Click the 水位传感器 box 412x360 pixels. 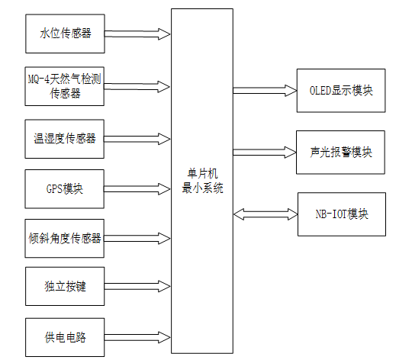pos(64,34)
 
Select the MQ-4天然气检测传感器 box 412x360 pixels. pos(64,86)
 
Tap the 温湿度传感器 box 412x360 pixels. pos(64,138)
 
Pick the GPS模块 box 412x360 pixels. pos(64,188)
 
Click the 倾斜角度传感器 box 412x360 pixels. pos(64,238)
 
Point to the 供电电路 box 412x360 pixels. pos(64,336)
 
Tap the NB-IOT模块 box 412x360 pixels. pos(341,214)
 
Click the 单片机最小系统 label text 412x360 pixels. pos(202,181)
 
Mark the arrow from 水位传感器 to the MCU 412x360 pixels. pos(137,34)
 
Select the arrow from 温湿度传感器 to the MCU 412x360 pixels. pos(137,138)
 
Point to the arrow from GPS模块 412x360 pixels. pos(137,188)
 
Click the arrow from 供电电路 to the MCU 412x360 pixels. pos(137,336)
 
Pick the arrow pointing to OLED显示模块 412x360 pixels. pos(265,91)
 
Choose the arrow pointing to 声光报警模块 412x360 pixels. pos(265,152)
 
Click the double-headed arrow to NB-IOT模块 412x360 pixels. pos(265,214)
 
